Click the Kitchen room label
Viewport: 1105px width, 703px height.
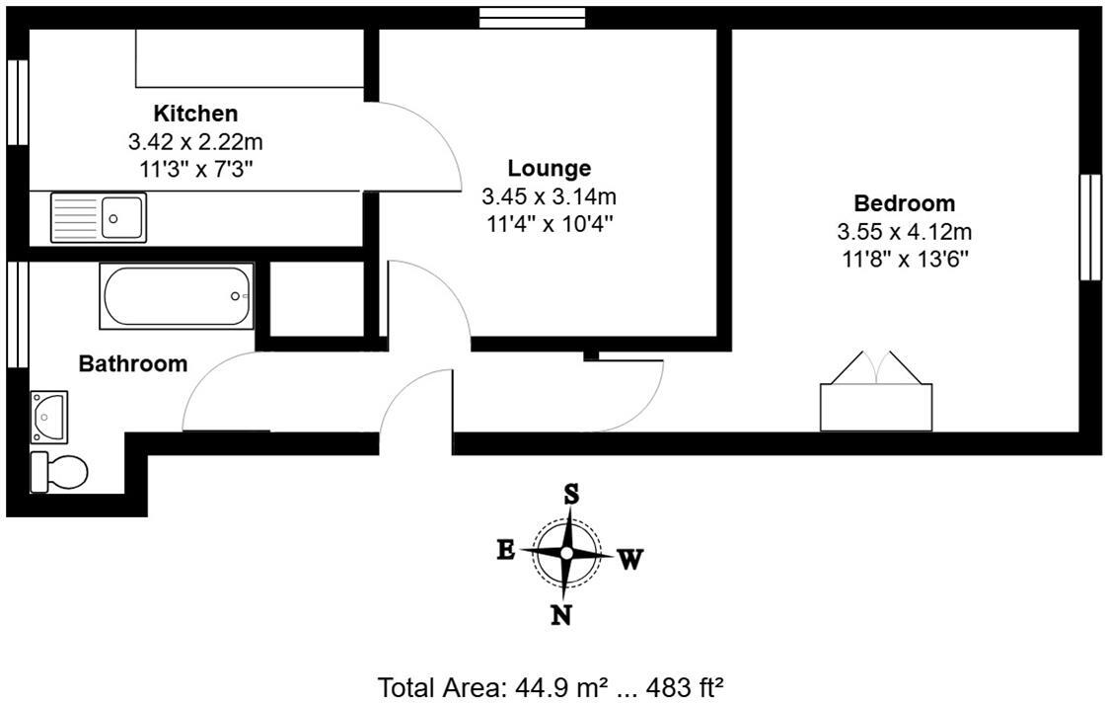pyautogui.click(x=195, y=114)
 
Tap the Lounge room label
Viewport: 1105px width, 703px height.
pyautogui.click(x=549, y=168)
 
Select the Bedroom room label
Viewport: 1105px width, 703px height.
pyautogui.click(x=904, y=204)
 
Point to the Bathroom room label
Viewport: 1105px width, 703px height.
pyautogui.click(x=133, y=364)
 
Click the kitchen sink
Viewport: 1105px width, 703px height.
pyautogui.click(x=99, y=217)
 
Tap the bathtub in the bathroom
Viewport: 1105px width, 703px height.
pyautogui.click(x=177, y=295)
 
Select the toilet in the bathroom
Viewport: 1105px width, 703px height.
pyautogui.click(x=58, y=472)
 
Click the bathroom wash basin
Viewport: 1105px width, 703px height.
pyautogui.click(x=49, y=416)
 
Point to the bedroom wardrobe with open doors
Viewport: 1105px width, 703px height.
pyautogui.click(x=876, y=395)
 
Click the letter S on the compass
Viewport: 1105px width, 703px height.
pyautogui.click(x=570, y=493)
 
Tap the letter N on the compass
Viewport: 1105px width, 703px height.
pyautogui.click(x=561, y=615)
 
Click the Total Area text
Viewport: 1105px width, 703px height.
pyautogui.click(x=552, y=687)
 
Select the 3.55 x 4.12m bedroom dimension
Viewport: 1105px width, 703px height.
pyautogui.click(x=904, y=233)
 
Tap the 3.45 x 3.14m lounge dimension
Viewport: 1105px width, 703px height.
pyautogui.click(x=549, y=196)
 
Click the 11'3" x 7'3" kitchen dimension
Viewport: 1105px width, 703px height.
pyautogui.click(x=195, y=169)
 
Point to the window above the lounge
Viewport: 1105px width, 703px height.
pyautogui.click(x=532, y=18)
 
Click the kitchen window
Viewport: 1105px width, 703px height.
pyautogui.click(x=17, y=104)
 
